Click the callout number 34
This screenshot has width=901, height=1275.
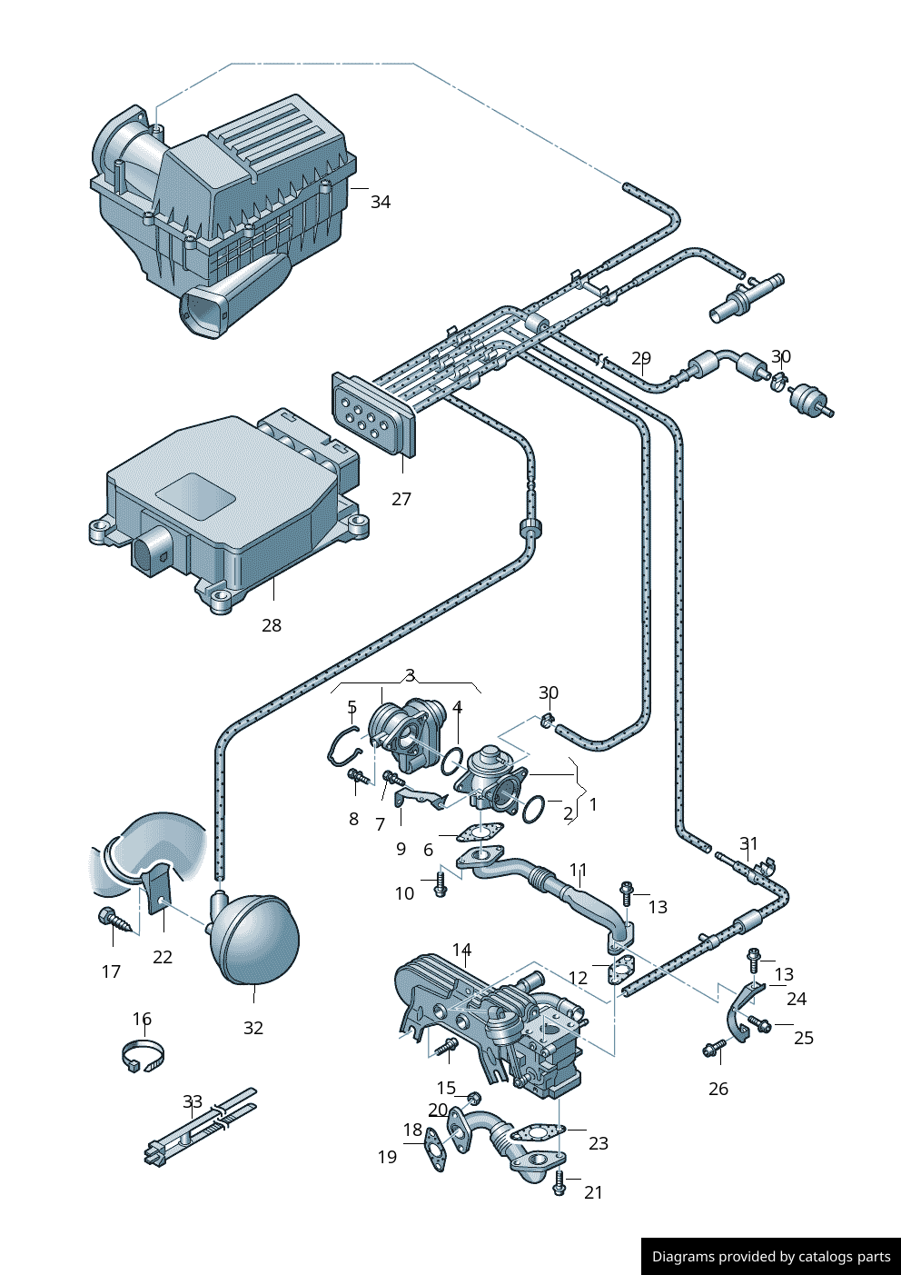pyautogui.click(x=381, y=202)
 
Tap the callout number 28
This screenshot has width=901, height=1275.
pyautogui.click(x=272, y=625)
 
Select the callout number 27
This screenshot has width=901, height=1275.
pyautogui.click(x=401, y=499)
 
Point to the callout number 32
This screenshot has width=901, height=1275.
pyautogui.click(x=253, y=1028)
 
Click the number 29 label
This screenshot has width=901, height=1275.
pyautogui.click(x=641, y=359)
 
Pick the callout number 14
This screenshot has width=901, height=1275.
pyautogui.click(x=462, y=951)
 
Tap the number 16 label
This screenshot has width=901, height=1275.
pyautogui.click(x=142, y=1019)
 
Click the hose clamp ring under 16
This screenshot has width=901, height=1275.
pyautogui.click(x=144, y=1056)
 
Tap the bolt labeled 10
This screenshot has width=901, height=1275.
pyautogui.click(x=441, y=884)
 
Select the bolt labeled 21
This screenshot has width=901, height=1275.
pyautogui.click(x=559, y=1183)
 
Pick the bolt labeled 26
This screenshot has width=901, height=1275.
pyautogui.click(x=713, y=1051)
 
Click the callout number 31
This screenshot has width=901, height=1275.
pyautogui.click(x=748, y=843)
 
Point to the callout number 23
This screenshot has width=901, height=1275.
pyautogui.click(x=599, y=1143)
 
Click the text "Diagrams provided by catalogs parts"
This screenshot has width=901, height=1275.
pyautogui.click(x=771, y=1257)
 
